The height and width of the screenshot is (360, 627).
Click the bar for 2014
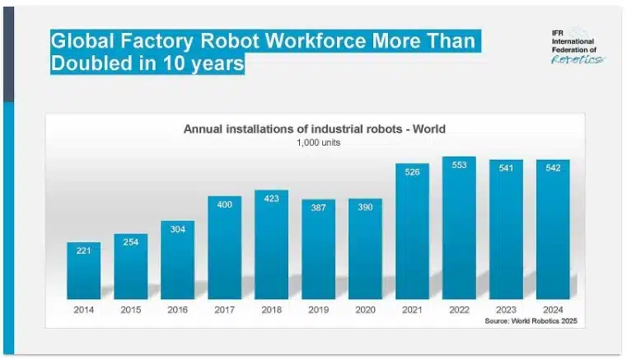click(x=83, y=272)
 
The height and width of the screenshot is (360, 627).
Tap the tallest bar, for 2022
click(x=459, y=231)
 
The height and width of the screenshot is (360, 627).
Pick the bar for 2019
click(x=318, y=250)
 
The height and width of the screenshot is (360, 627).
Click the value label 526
click(x=412, y=171)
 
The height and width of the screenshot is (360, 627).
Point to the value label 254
click(x=130, y=242)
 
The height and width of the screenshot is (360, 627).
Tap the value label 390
click(x=365, y=207)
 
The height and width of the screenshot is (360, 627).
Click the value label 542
click(x=553, y=167)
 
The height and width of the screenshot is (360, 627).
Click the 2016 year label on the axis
click(x=177, y=310)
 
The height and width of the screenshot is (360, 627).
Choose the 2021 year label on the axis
click(x=412, y=310)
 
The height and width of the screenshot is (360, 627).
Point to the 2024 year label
click(x=553, y=310)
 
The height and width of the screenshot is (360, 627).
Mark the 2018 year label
click(x=271, y=310)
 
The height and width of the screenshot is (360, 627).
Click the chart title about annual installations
click(x=314, y=129)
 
